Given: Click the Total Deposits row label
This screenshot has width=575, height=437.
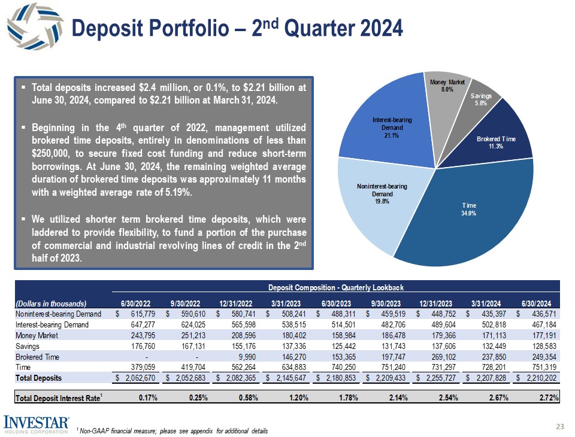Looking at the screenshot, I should tap(38, 378).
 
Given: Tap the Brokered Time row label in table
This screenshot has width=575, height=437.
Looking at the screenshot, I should tap(37, 356).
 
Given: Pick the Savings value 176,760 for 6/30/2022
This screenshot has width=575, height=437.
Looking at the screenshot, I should tap(138, 346).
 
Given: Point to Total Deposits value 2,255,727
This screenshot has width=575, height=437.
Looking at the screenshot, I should tap(440, 378).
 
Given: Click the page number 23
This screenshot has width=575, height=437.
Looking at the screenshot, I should tap(560, 426).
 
